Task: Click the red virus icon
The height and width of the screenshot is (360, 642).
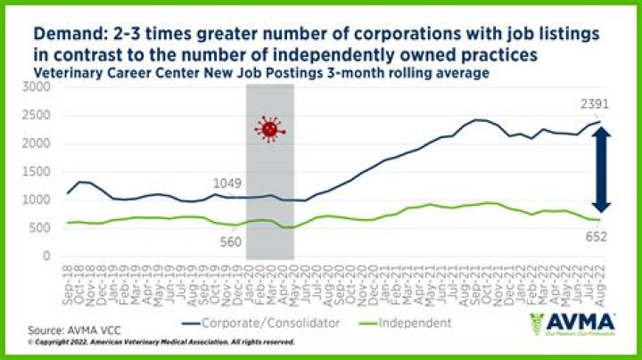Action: [267, 130]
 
